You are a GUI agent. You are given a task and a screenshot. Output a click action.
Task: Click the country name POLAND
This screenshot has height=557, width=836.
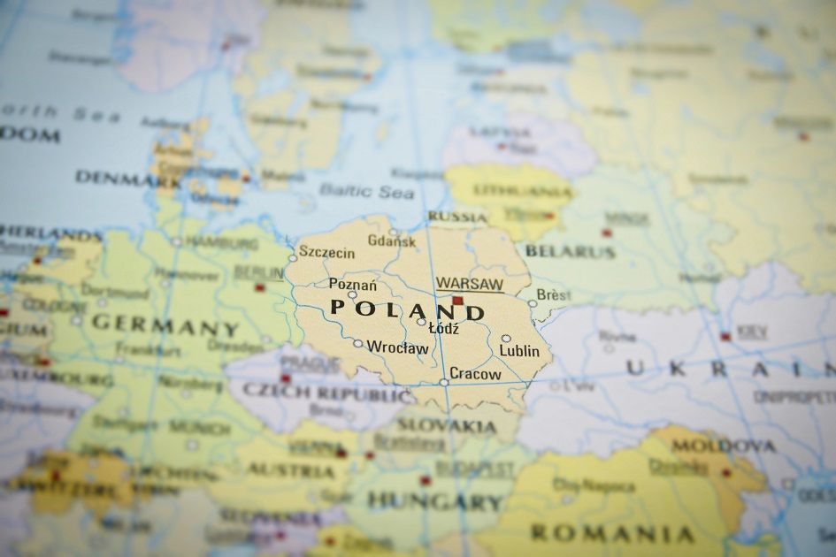(408, 310)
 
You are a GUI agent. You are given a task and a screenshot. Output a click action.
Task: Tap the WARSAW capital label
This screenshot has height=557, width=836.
(469, 284)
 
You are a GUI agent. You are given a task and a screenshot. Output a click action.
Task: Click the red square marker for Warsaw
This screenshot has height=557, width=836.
(457, 301)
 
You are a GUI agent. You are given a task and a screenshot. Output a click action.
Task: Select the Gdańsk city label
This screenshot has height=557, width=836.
(391, 240)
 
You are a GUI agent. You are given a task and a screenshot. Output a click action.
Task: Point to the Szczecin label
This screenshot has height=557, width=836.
(327, 253)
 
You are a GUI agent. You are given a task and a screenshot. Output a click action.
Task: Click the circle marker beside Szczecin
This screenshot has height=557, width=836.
(294, 258)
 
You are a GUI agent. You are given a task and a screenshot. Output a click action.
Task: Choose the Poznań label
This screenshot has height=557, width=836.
(352, 284)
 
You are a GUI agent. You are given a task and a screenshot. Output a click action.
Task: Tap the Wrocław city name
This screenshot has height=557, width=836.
(397, 347)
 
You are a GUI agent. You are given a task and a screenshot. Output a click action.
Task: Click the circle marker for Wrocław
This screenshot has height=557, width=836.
(357, 343)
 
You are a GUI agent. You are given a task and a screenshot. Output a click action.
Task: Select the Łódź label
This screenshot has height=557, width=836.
(443, 328)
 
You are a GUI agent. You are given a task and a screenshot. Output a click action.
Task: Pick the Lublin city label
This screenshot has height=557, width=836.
(519, 351)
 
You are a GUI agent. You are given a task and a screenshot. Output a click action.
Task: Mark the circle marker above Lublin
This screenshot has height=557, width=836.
(506, 338)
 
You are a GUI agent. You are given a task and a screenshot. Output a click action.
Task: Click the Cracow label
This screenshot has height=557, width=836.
(475, 374)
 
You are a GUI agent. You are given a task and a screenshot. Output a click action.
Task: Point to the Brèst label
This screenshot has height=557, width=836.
(553, 294)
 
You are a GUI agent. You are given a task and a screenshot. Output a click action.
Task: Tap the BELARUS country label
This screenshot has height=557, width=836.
(570, 251)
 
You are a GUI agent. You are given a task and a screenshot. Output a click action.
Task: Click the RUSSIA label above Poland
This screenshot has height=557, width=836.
(457, 217)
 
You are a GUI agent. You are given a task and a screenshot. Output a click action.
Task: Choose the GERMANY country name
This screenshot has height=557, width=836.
(165, 324)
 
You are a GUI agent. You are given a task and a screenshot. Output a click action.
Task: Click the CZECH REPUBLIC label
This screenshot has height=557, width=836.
(327, 393)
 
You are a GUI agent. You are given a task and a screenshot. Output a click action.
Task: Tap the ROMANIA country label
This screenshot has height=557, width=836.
(611, 533)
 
